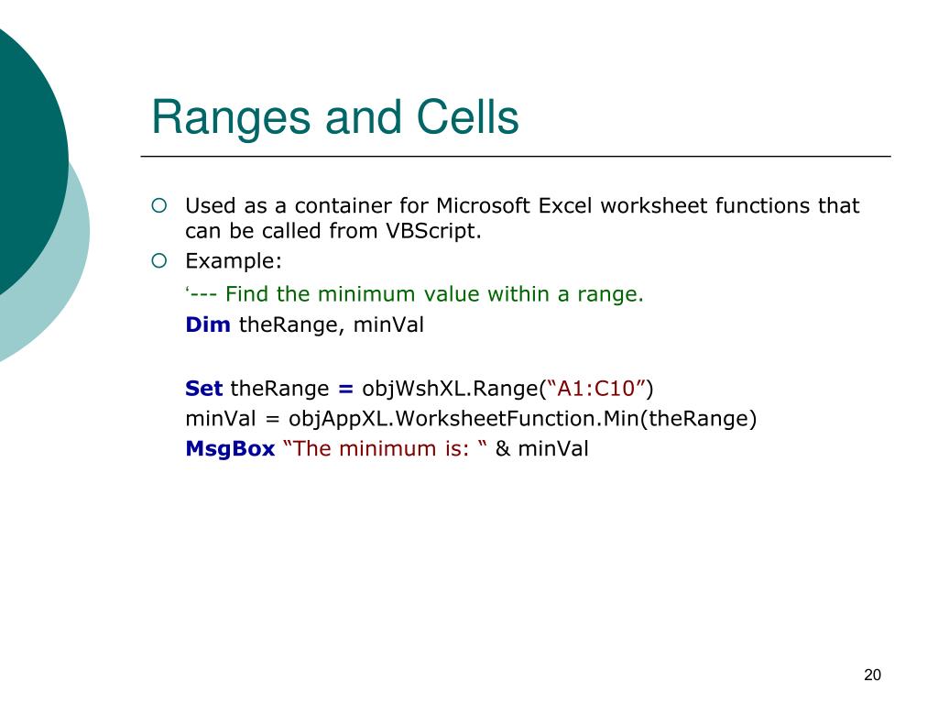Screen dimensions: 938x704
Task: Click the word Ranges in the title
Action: tap(232, 118)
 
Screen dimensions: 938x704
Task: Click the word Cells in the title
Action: tap(467, 116)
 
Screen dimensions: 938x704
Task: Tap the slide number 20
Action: tap(872, 675)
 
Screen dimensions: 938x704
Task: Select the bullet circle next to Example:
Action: tap(159, 261)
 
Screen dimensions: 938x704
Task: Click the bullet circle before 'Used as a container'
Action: tap(159, 206)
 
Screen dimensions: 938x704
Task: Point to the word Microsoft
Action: tap(484, 205)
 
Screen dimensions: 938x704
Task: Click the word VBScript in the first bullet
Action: tap(433, 230)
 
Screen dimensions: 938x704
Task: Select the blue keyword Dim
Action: tap(208, 324)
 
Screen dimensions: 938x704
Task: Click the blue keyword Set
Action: tap(203, 388)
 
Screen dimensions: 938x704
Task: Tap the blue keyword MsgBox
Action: tap(230, 448)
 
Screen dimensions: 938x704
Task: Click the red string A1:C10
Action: tap(595, 389)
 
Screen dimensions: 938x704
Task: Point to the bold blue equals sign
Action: tap(345, 389)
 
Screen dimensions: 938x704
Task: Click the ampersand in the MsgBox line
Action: tap(503, 449)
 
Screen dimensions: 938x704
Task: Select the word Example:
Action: tap(234, 261)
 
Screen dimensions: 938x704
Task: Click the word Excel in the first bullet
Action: tap(565, 205)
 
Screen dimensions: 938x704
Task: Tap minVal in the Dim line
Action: tap(388, 324)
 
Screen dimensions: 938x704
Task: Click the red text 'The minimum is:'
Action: tap(380, 448)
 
